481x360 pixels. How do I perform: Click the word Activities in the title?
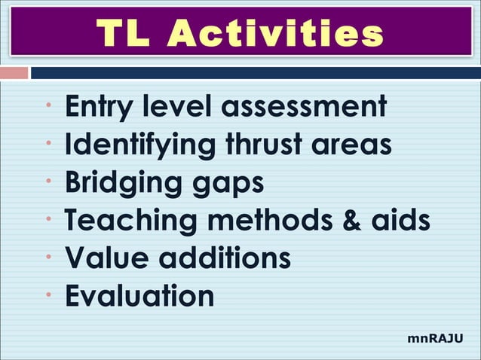277,34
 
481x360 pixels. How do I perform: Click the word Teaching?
124,220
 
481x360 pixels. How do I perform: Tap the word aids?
403,220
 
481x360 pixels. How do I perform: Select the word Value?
106,258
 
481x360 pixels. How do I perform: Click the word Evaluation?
139,295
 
